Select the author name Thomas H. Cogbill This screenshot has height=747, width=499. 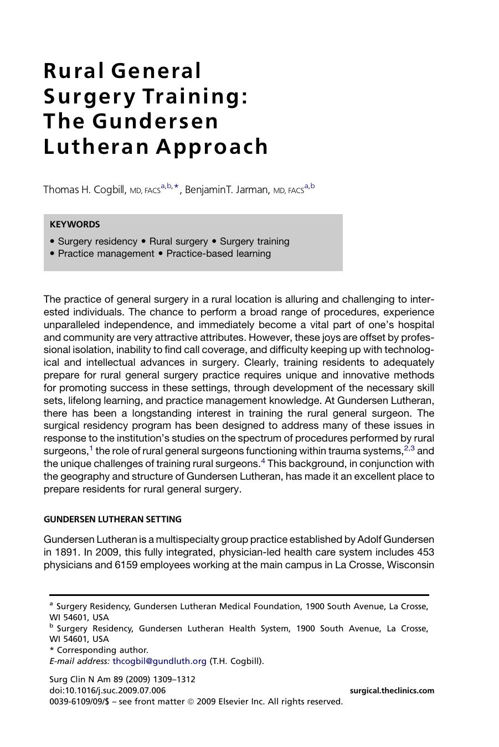pyautogui.click(x=84, y=190)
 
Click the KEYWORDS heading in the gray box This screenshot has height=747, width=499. pyautogui.click(x=75, y=225)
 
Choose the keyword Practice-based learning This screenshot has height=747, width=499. pyautogui.click(x=218, y=253)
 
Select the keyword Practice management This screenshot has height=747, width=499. pyautogui.click(x=106, y=253)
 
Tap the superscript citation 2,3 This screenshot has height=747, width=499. pyautogui.click(x=409, y=448)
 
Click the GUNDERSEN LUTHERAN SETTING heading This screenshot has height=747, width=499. pyautogui.click(x=112, y=520)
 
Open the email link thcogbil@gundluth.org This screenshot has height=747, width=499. pyautogui.click(x=159, y=661)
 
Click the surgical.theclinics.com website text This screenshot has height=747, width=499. pyautogui.click(x=392, y=691)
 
